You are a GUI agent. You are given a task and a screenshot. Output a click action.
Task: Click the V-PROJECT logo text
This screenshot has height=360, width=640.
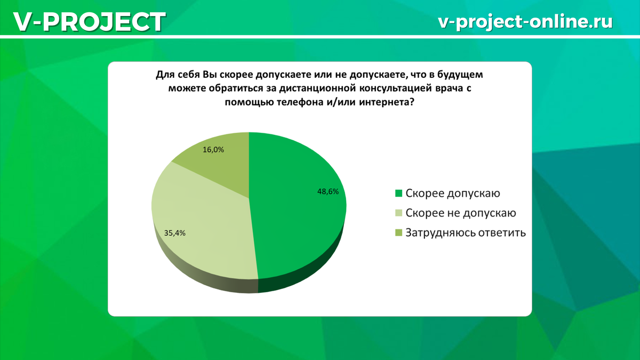[x=90, y=22]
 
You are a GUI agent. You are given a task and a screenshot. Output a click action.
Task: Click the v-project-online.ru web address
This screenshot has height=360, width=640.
[x=525, y=21]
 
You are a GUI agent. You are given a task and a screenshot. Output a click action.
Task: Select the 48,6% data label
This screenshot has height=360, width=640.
[x=328, y=191]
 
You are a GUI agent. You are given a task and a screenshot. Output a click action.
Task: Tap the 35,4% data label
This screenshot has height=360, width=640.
[x=174, y=233]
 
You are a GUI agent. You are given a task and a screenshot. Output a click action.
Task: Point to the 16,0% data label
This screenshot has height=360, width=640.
[x=213, y=150]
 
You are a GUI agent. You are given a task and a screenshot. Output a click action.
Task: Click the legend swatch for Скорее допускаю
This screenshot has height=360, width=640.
[x=398, y=194]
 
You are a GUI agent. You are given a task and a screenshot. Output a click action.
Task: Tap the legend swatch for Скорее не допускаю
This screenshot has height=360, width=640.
[x=398, y=213]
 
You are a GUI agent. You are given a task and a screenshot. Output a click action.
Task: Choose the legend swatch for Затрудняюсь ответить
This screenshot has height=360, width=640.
[x=398, y=233]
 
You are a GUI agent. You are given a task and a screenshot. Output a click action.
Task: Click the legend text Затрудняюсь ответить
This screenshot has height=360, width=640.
[x=466, y=233]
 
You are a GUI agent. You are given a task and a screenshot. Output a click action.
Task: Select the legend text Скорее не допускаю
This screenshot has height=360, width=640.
[x=461, y=213]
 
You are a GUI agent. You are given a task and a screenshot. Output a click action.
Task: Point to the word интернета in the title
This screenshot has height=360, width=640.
[x=386, y=102]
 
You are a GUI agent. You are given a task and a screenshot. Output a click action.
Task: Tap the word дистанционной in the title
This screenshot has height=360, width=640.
[x=317, y=89]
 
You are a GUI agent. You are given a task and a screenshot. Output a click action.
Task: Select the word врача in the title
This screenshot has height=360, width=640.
[x=449, y=89]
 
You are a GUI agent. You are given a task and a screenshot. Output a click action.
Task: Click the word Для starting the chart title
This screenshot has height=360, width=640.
[x=165, y=75]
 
